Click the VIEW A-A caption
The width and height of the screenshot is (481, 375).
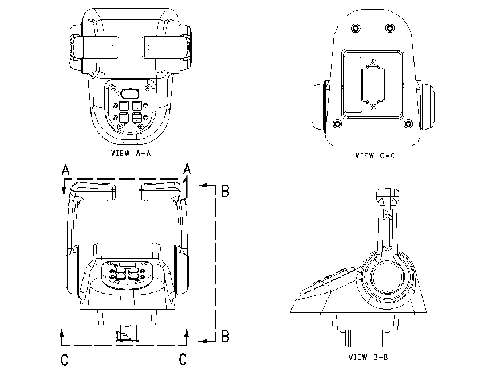(x=131, y=153)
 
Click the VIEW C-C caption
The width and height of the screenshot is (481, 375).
(x=375, y=155)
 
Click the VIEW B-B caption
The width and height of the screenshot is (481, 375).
(x=368, y=357)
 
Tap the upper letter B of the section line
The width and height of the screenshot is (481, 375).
(x=226, y=191)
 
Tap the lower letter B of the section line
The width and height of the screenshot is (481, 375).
(x=226, y=337)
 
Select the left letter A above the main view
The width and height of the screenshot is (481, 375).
(x=66, y=170)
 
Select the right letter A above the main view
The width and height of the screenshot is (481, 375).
(x=187, y=169)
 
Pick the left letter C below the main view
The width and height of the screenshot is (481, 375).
(x=64, y=360)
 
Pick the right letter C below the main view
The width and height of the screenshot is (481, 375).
(x=183, y=359)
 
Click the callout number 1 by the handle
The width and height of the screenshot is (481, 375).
(x=186, y=187)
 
